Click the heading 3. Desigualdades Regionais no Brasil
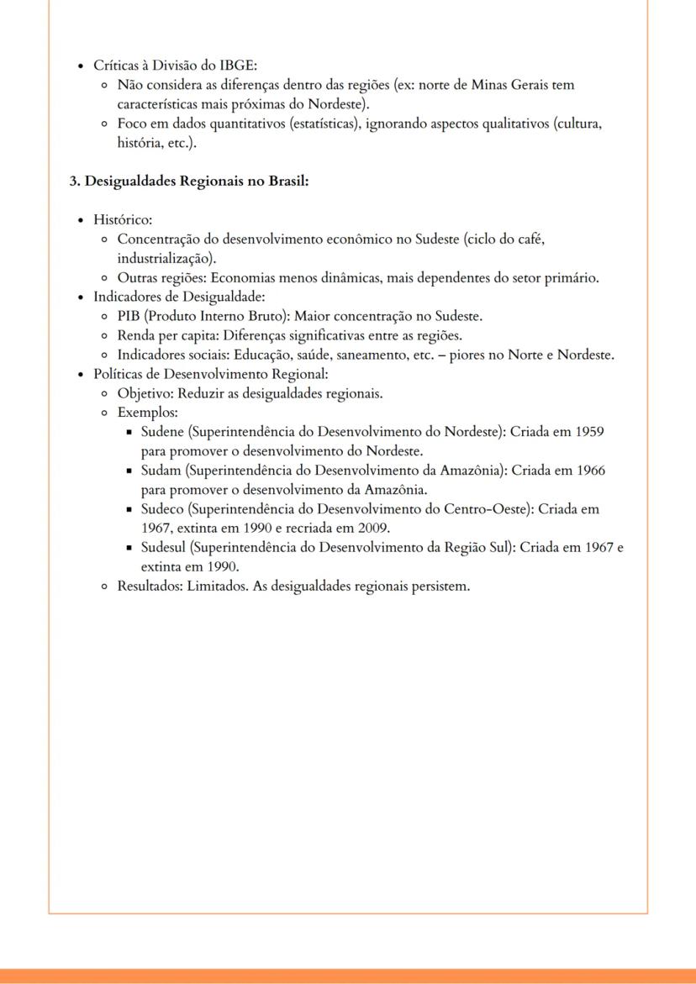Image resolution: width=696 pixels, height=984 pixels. [x=189, y=181]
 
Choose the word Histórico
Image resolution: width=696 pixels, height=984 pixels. [x=122, y=220]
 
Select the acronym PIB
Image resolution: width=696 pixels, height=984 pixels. [x=129, y=317]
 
